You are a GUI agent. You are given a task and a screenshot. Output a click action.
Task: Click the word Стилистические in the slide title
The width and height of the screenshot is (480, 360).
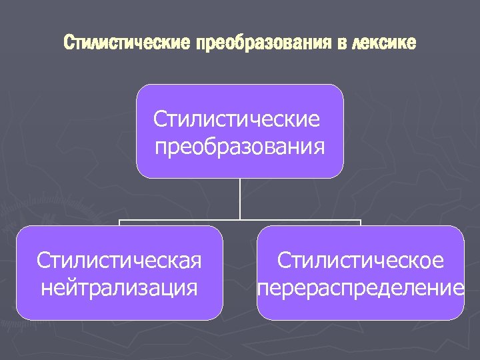click(126, 44)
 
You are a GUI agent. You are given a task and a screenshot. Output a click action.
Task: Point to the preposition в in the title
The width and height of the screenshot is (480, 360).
click(340, 44)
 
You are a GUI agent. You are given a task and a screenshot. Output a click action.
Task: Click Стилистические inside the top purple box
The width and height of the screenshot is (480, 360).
click(237, 120)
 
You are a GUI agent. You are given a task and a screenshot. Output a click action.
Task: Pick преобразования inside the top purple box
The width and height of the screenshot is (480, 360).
click(240, 145)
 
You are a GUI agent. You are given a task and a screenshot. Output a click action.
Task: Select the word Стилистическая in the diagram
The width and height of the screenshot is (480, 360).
click(119, 260)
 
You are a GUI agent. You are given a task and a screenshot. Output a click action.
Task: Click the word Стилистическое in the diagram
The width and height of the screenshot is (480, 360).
click(360, 260)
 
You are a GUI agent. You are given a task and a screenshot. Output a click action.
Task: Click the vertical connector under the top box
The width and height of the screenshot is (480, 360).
click(240, 198)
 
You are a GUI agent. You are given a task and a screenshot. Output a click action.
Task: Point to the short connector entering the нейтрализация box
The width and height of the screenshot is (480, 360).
click(120, 223)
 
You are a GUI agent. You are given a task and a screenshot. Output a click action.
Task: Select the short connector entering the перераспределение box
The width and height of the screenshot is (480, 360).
click(360, 223)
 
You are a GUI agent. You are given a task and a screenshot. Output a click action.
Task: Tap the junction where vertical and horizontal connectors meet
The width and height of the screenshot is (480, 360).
click(240, 219)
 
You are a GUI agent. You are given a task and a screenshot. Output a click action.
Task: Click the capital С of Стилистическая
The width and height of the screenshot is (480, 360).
click(43, 260)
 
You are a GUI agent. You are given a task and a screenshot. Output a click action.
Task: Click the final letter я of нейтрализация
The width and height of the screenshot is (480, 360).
click(193, 288)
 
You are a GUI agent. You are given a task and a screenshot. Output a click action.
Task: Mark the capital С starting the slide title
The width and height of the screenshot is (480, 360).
click(67, 44)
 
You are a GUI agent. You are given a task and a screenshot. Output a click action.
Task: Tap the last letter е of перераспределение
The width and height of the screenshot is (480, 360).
click(458, 288)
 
